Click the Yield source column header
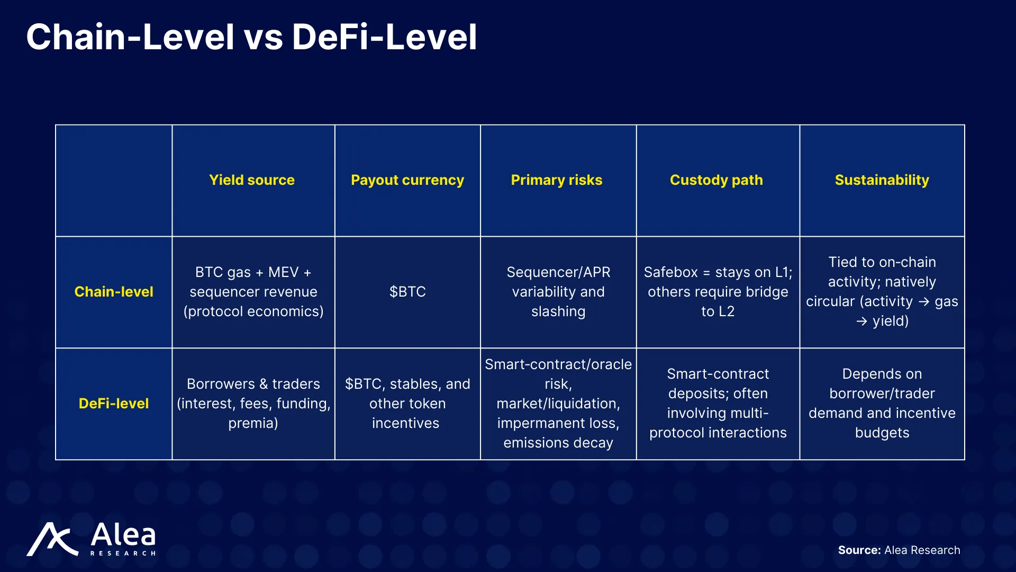(x=252, y=180)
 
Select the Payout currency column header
(x=407, y=180)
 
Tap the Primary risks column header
(x=557, y=180)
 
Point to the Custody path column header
(x=716, y=180)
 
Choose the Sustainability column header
(x=882, y=180)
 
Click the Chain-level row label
(x=114, y=292)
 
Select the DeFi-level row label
(x=114, y=404)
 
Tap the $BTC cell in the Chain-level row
(x=407, y=292)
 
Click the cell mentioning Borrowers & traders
(x=253, y=404)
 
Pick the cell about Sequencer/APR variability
(x=558, y=292)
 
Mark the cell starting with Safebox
(x=718, y=292)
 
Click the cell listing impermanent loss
(x=558, y=404)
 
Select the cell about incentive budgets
(x=882, y=404)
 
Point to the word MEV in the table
(x=283, y=272)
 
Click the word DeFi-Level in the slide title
(x=385, y=37)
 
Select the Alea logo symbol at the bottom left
(x=52, y=539)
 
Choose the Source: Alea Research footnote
(x=899, y=550)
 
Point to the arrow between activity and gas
(x=924, y=302)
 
